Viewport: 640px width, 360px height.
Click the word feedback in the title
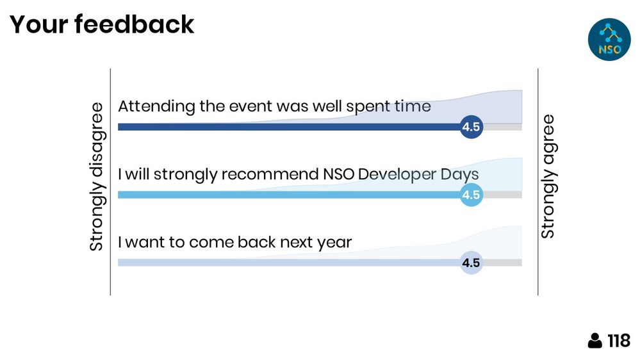[135, 24]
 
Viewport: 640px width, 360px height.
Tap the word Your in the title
[38, 24]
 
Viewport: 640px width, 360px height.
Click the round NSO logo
[609, 40]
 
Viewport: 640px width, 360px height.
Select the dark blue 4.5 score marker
[472, 127]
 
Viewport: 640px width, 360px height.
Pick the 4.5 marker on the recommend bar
[472, 195]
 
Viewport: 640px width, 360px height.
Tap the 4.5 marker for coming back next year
[472, 263]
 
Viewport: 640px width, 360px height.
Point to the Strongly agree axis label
[547, 176]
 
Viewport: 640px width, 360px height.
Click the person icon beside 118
[595, 340]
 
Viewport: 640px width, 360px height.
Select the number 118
[619, 340]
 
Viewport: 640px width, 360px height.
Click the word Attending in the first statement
[157, 107]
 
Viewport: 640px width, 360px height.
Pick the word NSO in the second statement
[338, 174]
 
